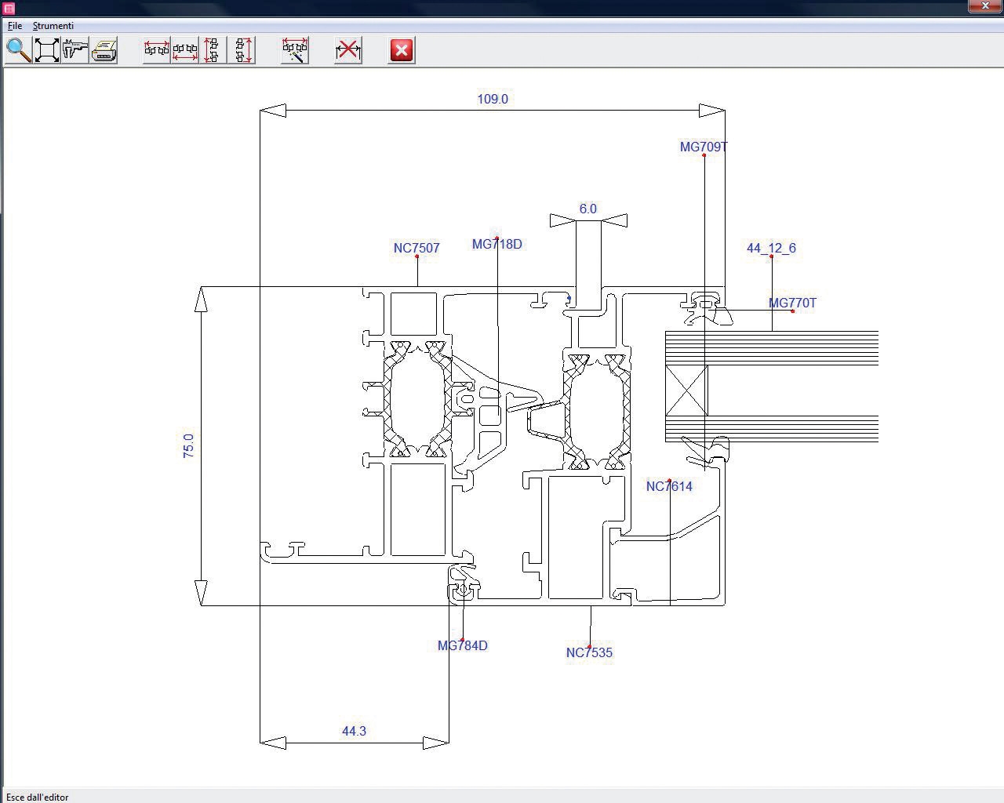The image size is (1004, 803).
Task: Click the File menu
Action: click(x=14, y=26)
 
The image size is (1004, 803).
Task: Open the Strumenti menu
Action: click(x=53, y=26)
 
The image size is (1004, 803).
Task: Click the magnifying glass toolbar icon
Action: click(x=18, y=50)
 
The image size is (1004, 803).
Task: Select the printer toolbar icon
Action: click(x=104, y=50)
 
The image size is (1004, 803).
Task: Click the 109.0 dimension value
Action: click(x=493, y=99)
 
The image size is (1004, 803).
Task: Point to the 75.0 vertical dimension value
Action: click(x=188, y=445)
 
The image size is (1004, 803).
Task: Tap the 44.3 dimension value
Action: click(x=354, y=731)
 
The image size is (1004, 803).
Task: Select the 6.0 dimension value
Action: click(x=587, y=209)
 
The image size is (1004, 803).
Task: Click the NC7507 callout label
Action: click(x=417, y=248)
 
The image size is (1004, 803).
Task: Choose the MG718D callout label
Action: click(x=497, y=244)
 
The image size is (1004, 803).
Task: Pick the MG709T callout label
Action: click(x=704, y=147)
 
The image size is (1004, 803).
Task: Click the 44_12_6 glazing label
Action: click(x=771, y=248)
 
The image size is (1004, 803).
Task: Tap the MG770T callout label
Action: click(x=792, y=303)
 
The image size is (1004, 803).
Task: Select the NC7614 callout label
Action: click(x=669, y=486)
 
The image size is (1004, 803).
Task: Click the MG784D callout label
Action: click(x=462, y=645)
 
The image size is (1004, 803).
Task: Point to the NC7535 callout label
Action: click(x=589, y=652)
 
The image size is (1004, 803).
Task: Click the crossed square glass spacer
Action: click(x=686, y=390)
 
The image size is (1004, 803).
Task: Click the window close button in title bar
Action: click(x=985, y=6)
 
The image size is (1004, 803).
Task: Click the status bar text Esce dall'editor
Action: click(x=37, y=797)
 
